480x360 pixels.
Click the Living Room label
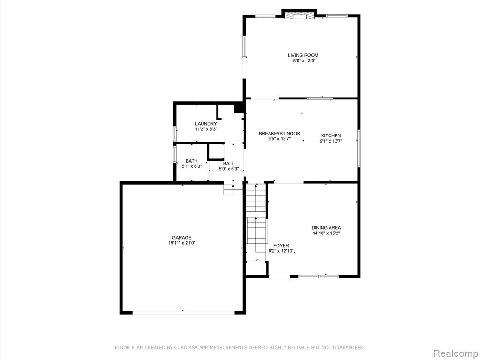coord(303,55)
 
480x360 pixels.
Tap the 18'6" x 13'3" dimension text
coord(303,61)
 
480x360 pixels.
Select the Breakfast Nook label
coord(279,134)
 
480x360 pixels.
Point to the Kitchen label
coord(330,135)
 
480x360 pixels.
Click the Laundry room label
coord(206,124)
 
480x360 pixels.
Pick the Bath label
coord(192,161)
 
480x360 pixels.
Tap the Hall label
coord(229,164)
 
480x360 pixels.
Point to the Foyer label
coord(281,246)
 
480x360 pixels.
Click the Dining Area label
coord(326,228)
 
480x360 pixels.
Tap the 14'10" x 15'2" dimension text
coord(326,233)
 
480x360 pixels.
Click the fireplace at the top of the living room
coord(299,15)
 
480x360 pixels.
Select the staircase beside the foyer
coord(256,222)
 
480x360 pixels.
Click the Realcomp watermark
coord(456,353)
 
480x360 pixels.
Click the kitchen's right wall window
coord(359,148)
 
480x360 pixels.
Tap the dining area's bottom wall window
coord(318,277)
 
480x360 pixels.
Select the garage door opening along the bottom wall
coord(183,312)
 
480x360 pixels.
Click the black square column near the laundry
coord(239,108)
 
